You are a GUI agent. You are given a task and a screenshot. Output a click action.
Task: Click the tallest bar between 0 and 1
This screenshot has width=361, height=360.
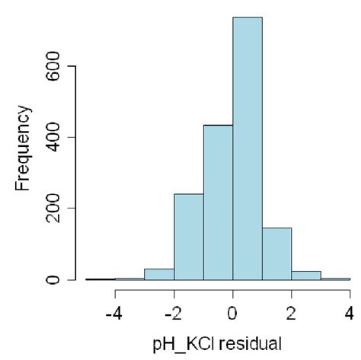pos(247,148)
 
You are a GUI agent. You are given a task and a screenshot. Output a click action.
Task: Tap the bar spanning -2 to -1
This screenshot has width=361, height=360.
pos(188,237)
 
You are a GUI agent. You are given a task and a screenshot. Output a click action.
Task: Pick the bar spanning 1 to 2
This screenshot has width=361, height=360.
pos(276,254)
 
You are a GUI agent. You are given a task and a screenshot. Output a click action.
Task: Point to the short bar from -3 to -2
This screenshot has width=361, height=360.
pos(159,275)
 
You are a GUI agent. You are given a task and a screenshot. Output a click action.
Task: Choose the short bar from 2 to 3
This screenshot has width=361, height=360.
pos(306,276)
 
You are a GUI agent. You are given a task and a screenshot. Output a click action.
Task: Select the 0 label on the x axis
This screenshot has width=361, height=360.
pos(232,312)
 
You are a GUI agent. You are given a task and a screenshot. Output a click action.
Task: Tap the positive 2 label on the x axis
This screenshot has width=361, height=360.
pos(292,312)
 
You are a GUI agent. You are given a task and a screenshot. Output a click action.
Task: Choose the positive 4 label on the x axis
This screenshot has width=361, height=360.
pos(349,312)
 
